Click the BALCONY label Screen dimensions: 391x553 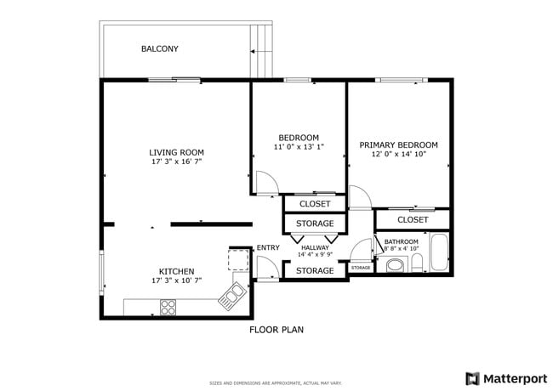(x=160, y=48)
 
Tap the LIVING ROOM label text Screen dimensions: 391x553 (x=176, y=153)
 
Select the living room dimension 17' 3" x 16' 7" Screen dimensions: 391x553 (x=176, y=161)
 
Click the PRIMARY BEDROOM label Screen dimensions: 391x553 (x=398, y=145)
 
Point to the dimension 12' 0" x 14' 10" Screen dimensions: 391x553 (x=398, y=154)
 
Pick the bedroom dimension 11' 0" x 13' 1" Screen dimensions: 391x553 (x=299, y=147)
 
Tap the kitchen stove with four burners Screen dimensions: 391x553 (x=168, y=306)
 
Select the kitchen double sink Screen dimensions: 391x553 (x=232, y=297)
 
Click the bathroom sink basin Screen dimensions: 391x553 (x=396, y=265)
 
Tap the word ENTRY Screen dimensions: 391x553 (x=268, y=248)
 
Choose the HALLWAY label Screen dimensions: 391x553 (x=315, y=247)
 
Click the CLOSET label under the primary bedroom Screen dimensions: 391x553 (x=413, y=219)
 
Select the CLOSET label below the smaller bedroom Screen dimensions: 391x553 (x=315, y=204)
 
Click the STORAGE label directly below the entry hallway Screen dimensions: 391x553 (x=315, y=271)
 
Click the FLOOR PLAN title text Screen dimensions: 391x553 (x=276, y=330)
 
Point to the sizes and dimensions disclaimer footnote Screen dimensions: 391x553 (x=276, y=382)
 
